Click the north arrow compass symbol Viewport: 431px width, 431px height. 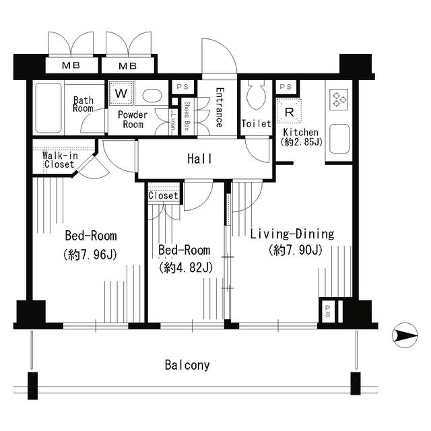[405, 335]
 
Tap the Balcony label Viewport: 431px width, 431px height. [187, 365]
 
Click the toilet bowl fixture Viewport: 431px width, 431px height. [256, 95]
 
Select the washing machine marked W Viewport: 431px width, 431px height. [121, 93]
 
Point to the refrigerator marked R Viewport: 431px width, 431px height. [289, 111]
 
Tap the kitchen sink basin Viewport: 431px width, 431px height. [339, 139]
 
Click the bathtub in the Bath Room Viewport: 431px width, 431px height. [48, 108]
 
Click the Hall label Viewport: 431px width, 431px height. [200, 159]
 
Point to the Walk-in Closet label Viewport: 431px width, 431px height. [60, 160]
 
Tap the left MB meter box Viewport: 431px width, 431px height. [71, 65]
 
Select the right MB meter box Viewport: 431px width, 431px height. [128, 66]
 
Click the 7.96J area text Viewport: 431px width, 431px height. [90, 255]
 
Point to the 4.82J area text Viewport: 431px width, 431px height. [186, 267]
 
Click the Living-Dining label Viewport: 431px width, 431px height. [292, 234]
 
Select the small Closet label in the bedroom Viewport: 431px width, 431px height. [163, 195]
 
